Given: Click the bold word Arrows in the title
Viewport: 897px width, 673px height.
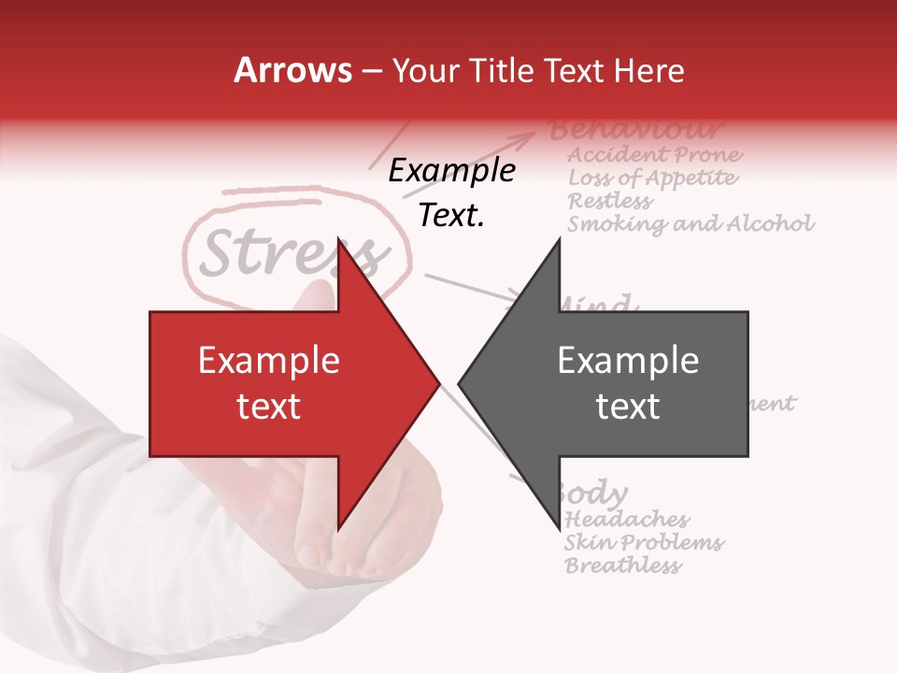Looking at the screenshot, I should pyautogui.click(x=293, y=71).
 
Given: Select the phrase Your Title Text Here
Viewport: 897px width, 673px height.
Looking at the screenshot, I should pyautogui.click(x=537, y=71).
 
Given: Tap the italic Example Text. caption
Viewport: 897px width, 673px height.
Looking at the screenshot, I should pyautogui.click(x=451, y=193).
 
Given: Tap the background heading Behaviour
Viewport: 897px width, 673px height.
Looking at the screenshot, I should pyautogui.click(x=635, y=129).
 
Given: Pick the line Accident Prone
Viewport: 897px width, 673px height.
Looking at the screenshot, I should pyautogui.click(x=655, y=154).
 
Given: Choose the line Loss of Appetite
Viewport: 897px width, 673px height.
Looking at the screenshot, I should pyautogui.click(x=652, y=178).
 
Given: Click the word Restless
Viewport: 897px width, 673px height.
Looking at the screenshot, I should pyautogui.click(x=610, y=201).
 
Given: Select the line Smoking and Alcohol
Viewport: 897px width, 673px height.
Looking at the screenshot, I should pyautogui.click(x=691, y=224).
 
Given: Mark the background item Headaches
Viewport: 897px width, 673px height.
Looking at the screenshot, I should pyautogui.click(x=627, y=519).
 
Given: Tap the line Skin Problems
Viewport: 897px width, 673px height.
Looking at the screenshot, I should pyautogui.click(x=644, y=542).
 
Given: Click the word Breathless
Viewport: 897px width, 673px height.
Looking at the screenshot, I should pyautogui.click(x=622, y=566).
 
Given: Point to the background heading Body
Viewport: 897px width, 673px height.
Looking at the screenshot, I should pyautogui.click(x=594, y=493).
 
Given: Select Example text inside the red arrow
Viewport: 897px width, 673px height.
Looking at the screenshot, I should pyautogui.click(x=269, y=383).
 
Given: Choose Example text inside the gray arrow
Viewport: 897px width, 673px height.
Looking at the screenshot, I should pyautogui.click(x=628, y=383).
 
